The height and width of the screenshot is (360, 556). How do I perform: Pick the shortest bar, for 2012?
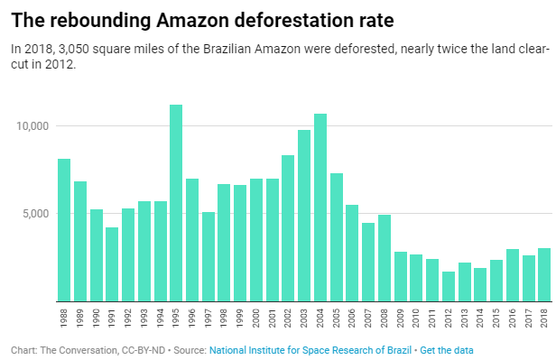(x=449, y=286)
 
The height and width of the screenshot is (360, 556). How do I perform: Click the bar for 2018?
(x=544, y=274)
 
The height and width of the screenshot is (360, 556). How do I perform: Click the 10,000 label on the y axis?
(x=31, y=126)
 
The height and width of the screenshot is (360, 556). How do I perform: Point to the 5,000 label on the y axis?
(x=34, y=214)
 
